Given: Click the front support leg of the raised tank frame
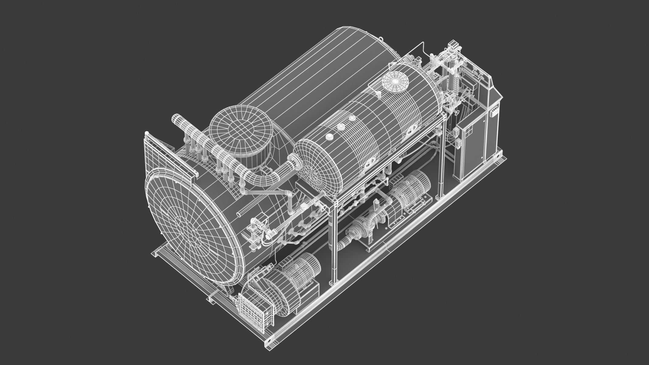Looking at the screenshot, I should (334, 240).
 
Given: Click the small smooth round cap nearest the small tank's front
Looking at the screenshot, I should (330, 137).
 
